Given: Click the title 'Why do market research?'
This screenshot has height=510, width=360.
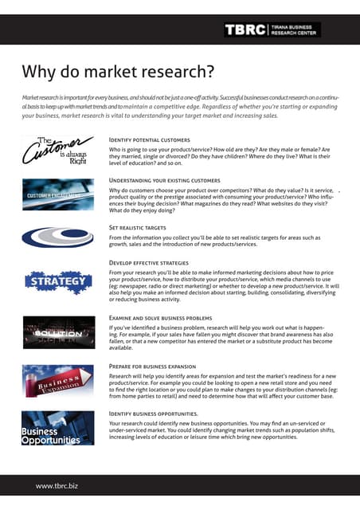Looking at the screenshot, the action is (118, 73).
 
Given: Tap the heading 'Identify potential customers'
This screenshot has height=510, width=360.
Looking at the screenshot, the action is (149, 140).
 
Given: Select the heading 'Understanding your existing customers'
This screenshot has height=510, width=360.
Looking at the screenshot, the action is (164, 181).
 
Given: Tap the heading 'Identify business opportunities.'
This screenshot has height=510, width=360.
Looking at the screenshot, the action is (154, 414).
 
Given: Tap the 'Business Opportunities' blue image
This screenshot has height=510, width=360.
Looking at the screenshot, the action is (53, 430).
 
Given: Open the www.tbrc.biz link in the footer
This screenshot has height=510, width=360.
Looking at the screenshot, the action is (56, 484).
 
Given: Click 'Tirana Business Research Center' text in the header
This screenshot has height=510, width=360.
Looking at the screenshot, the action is (297, 29).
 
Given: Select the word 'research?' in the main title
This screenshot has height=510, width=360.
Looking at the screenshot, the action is (174, 73).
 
